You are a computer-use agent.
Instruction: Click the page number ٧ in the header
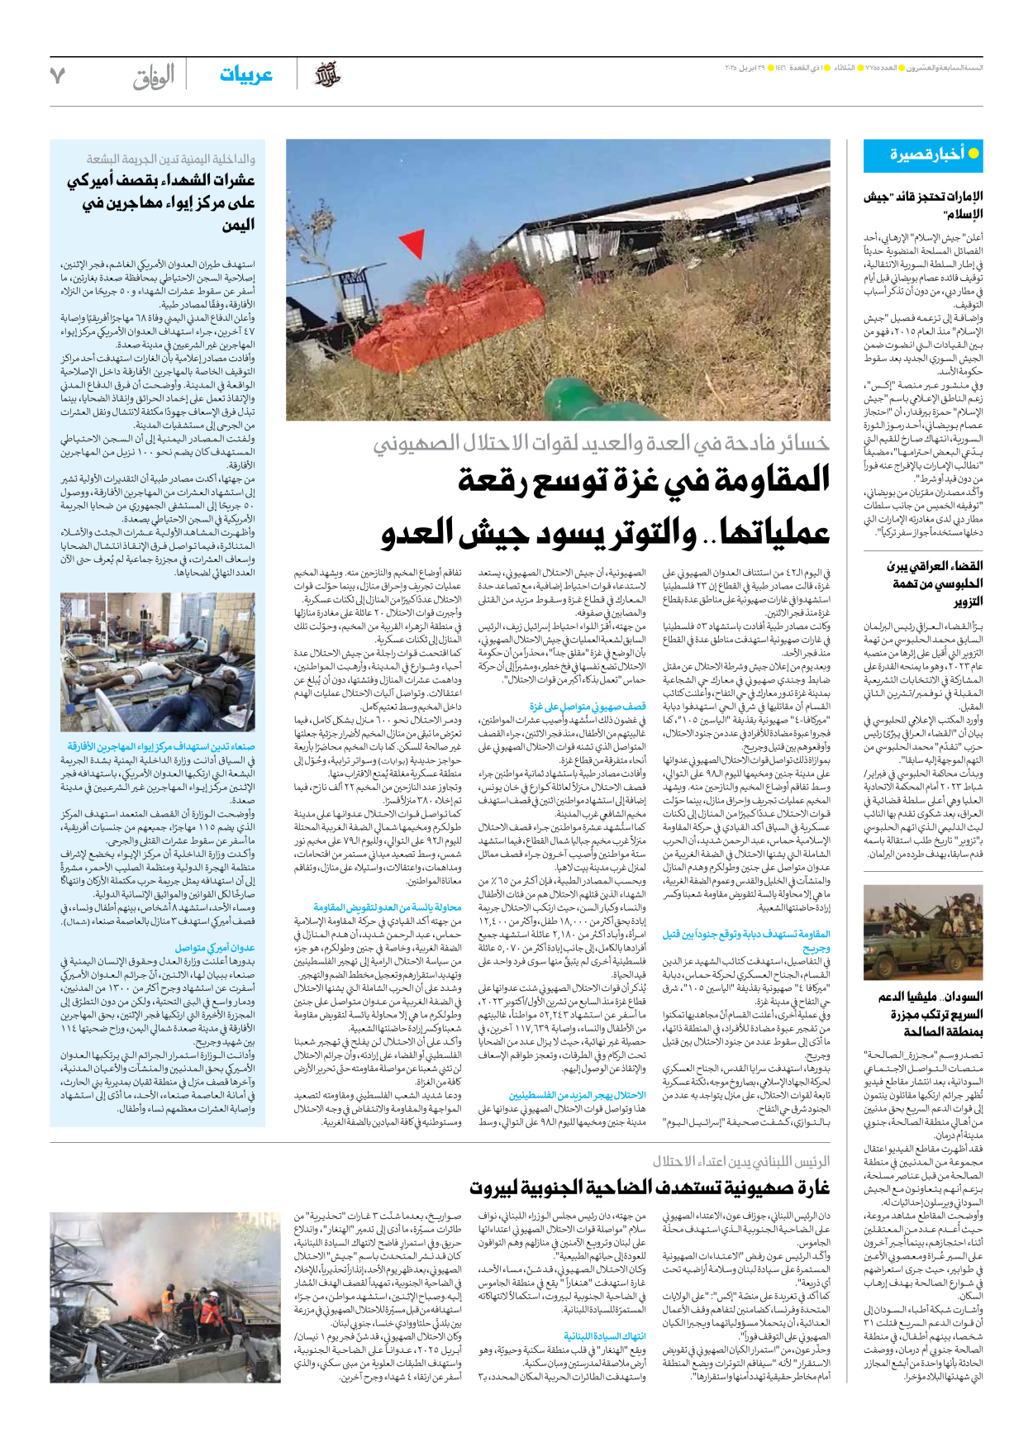click(57, 76)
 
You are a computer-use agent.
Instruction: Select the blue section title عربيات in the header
click(245, 75)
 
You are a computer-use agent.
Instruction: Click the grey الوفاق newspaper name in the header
click(154, 77)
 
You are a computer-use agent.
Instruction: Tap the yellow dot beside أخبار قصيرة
click(973, 154)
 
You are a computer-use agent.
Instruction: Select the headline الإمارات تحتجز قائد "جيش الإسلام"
click(923, 205)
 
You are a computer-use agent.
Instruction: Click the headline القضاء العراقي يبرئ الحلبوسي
click(934, 583)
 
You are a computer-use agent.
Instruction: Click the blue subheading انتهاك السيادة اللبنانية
click(605, 1336)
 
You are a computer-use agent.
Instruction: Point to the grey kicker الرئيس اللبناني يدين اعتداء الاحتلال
click(741, 1161)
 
